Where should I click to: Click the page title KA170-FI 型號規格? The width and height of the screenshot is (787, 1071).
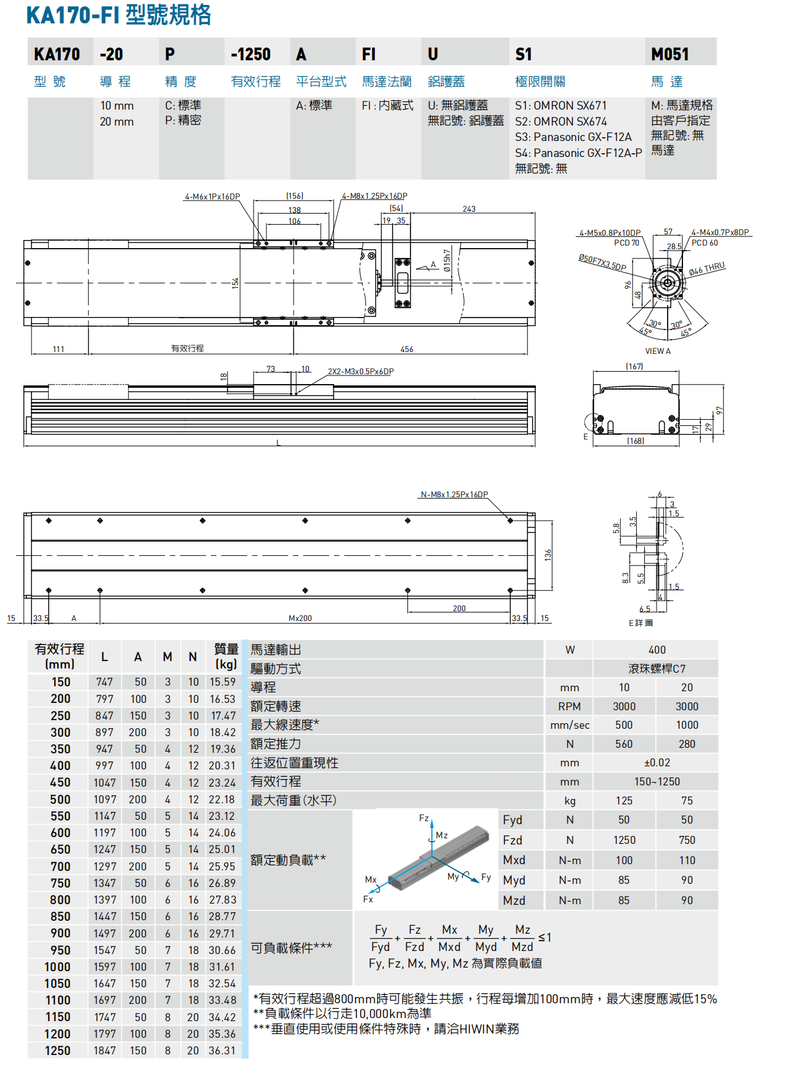119,15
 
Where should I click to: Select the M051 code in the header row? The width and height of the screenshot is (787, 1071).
669,54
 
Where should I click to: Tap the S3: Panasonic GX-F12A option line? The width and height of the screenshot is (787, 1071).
573,137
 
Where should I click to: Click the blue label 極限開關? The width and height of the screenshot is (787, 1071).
540,81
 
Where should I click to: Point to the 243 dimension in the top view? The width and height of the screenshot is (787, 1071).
469,209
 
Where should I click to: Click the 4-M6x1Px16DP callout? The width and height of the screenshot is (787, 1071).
212,197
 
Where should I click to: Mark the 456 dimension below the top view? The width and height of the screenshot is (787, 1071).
407,349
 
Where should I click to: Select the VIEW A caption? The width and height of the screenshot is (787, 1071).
658,351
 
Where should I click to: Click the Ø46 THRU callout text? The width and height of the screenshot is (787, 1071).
707,268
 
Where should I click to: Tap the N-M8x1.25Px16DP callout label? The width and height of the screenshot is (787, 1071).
454,494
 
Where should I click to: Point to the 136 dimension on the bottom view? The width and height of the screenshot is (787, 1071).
548,555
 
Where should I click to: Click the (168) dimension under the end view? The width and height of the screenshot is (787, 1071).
635,441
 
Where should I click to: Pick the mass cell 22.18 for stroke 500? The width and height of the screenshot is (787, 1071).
222,800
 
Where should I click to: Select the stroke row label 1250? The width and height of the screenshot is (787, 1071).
57,1051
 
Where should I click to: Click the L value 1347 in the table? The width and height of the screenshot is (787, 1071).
105,883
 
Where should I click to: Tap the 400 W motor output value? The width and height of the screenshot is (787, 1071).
657,650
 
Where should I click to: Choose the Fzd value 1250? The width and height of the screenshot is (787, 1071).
624,840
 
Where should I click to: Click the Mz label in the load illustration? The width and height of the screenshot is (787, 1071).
442,835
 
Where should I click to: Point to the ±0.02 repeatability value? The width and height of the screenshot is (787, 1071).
657,763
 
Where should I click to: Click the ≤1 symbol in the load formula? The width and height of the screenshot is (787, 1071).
545,937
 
